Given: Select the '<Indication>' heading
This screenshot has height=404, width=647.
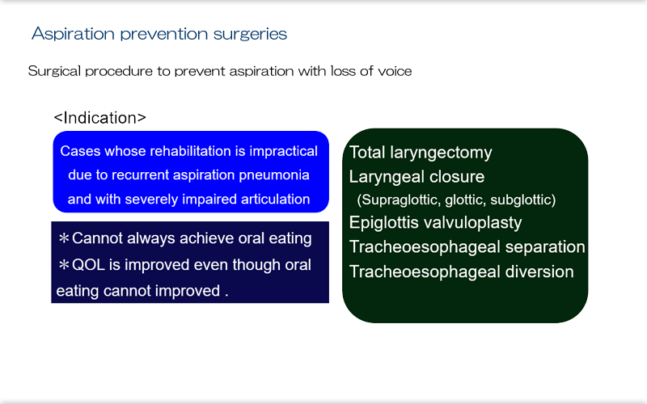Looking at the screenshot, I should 99,118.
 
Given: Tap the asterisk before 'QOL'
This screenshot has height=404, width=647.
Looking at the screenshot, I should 64,265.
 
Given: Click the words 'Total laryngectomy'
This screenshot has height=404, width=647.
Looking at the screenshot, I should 420,152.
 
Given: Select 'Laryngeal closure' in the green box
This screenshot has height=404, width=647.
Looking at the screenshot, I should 417,176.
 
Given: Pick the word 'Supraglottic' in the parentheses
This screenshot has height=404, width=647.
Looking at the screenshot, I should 400,200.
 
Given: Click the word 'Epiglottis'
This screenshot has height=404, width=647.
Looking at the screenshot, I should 383,223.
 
